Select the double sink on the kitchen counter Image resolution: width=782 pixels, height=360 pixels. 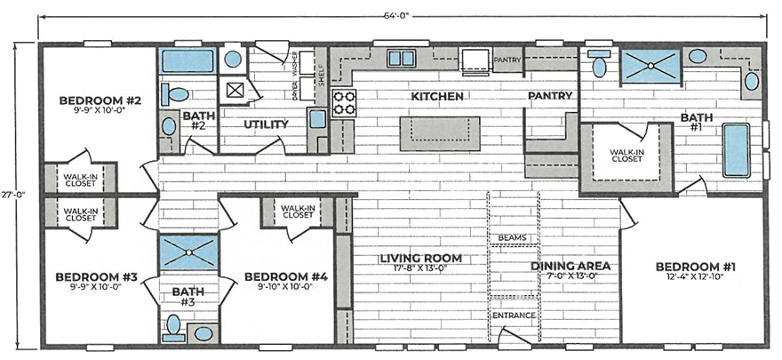click(x=402, y=59)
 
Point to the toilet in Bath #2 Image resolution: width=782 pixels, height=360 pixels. click(x=178, y=93)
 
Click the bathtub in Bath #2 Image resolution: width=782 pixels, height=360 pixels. click(x=187, y=61)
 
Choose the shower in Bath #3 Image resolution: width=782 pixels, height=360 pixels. click(x=188, y=253)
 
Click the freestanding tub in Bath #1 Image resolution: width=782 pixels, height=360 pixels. click(x=735, y=149)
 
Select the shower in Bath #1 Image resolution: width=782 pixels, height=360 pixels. click(x=650, y=66)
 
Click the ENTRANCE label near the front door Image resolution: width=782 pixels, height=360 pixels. click(x=513, y=316)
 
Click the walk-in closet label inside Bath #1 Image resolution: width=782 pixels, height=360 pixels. click(x=626, y=156)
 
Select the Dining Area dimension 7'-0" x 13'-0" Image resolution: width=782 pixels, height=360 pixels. click(x=570, y=276)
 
